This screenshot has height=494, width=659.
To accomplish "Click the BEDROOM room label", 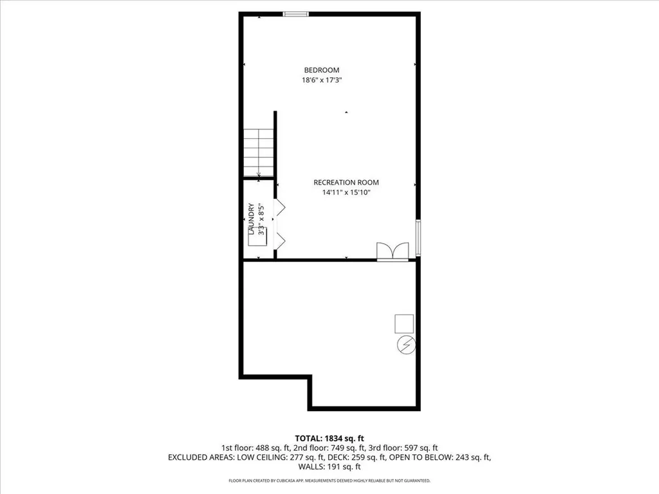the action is coord(322,70).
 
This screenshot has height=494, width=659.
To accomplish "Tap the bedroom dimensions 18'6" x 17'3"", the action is coord(322,80).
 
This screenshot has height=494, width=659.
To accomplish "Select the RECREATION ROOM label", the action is coord(346,182).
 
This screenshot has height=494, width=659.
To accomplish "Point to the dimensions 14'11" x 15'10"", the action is coord(346,192).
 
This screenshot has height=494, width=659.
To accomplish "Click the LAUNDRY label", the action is coord(252,219).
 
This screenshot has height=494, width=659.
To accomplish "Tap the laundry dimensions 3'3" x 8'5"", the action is coord(261,219).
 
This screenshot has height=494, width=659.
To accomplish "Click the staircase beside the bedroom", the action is coord(259,152).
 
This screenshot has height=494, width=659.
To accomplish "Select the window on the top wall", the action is coord(296,14).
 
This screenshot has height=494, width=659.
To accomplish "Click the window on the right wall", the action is coord(418,237).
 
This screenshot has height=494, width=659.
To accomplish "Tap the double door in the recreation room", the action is coord(393,252).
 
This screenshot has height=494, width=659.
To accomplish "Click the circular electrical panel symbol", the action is coord(407,345).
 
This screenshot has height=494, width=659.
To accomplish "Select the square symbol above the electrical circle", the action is coord(404,324).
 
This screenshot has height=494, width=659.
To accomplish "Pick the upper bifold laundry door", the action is coord(279,206).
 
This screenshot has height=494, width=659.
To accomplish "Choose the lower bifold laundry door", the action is coord(279,241).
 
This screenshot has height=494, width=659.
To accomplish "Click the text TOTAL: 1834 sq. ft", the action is coord(329,439).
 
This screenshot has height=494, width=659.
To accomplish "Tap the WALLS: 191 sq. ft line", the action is coord(329,466).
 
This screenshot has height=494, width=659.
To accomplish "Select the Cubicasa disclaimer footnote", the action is coord(329,480).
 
